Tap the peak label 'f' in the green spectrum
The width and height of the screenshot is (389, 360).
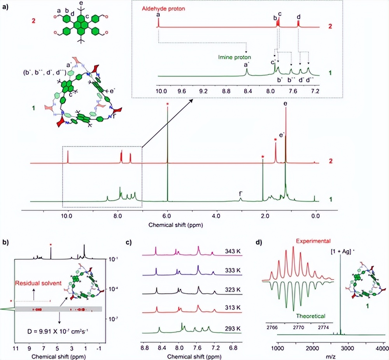[241, 193]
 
